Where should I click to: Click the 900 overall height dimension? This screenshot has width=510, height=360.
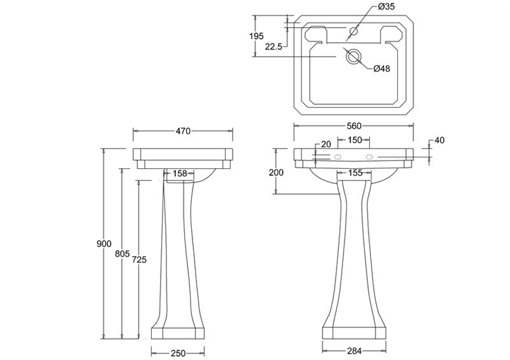point(104,243)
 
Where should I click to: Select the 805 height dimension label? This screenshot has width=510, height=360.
point(122,254)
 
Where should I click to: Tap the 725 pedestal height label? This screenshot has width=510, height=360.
point(139,259)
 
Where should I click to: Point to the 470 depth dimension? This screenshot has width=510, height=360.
point(183,131)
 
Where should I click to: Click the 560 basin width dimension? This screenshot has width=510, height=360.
point(354,126)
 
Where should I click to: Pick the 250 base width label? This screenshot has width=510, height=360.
point(178,353)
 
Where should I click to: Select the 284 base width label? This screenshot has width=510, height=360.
point(354,351)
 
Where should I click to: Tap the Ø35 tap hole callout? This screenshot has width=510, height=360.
point(386,6)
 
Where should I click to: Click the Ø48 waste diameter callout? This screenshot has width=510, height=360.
point(381,69)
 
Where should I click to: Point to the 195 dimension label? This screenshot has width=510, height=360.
point(256,36)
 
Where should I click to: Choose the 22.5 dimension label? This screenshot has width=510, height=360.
point(273,47)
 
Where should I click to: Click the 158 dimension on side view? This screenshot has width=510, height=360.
point(180,174)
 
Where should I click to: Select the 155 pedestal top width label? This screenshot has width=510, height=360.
point(354,173)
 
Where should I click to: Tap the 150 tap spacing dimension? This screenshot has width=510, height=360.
point(354,140)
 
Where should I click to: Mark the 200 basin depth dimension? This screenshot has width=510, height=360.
point(276,173)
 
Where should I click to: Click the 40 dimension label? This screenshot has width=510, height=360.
point(439,140)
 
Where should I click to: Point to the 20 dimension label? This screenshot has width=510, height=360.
point(326,144)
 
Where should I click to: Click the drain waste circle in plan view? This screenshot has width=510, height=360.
point(353,57)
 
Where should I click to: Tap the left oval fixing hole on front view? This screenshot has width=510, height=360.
point(338,157)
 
